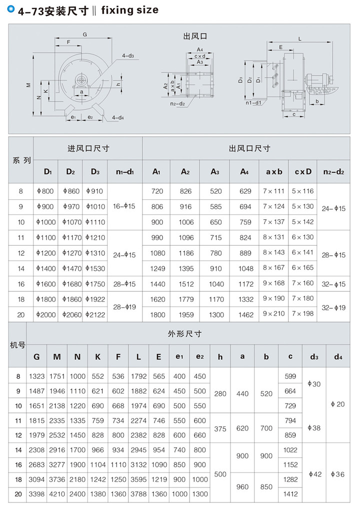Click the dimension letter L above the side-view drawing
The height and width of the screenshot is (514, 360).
(x=299, y=39)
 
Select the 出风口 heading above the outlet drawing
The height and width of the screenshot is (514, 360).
(x=195, y=36)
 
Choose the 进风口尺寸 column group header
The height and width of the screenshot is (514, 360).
(x=88, y=148)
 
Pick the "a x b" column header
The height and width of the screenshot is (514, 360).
(x=274, y=172)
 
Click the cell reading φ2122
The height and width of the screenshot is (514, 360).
(x=95, y=315)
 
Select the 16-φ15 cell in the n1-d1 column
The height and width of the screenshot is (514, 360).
(x=125, y=207)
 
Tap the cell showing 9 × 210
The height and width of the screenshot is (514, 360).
(x=273, y=314)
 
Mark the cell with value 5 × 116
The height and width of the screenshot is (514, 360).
(x=302, y=191)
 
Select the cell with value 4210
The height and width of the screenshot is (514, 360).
(x=57, y=494)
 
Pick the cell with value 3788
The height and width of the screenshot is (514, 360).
(x=138, y=494)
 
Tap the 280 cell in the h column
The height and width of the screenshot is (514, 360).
(x=220, y=394)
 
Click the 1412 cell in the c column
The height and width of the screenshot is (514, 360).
(x=290, y=494)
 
